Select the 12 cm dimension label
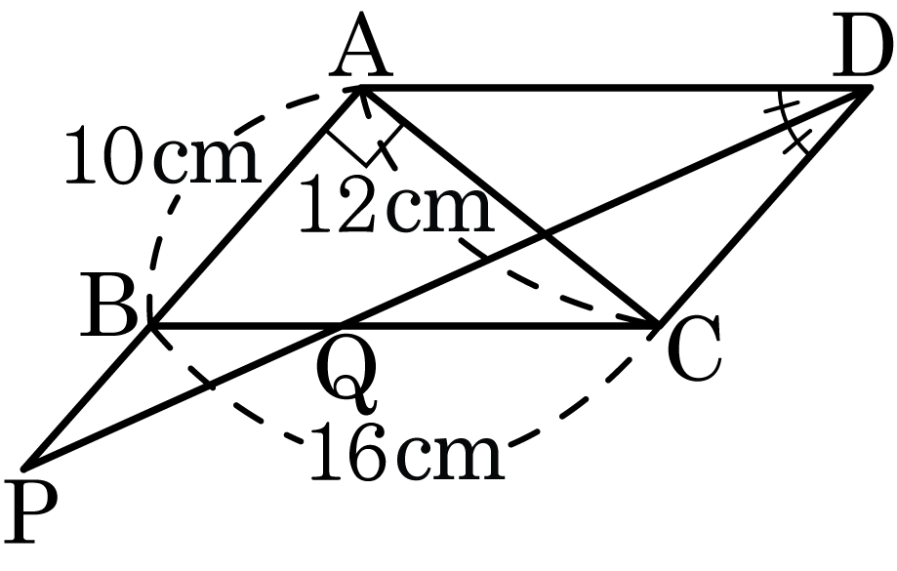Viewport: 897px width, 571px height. click(x=394, y=209)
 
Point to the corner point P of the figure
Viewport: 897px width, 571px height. click(x=29, y=465)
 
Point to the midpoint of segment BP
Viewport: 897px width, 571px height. click(x=90, y=393)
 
